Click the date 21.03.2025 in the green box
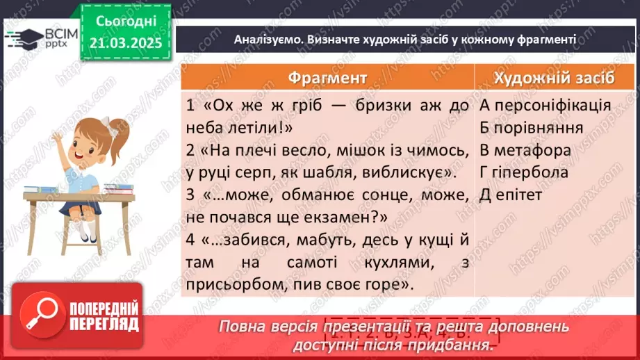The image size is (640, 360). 126,43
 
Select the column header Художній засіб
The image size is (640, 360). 554,77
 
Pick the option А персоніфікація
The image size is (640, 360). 545,106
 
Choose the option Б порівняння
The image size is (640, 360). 530,128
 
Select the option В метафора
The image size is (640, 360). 525,150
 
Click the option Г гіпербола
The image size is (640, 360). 523,172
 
